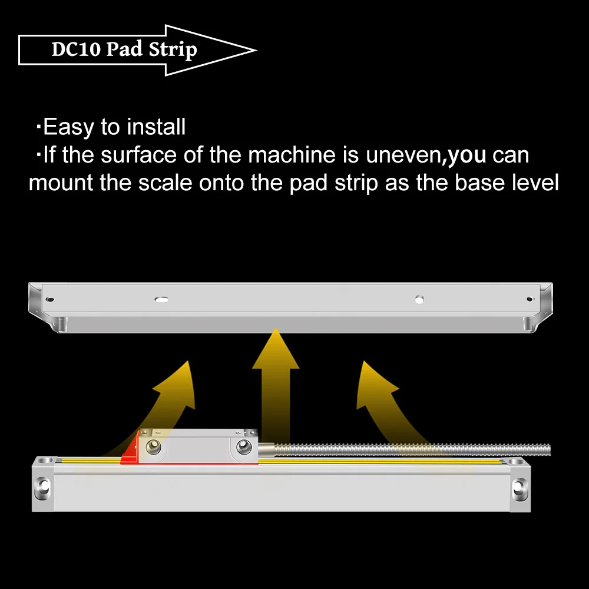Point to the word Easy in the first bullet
[x=66, y=127]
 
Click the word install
[x=157, y=127]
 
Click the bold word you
[x=467, y=155]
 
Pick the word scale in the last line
[x=166, y=183]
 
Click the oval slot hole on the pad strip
[x=161, y=299]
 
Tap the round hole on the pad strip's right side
[x=419, y=299]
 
